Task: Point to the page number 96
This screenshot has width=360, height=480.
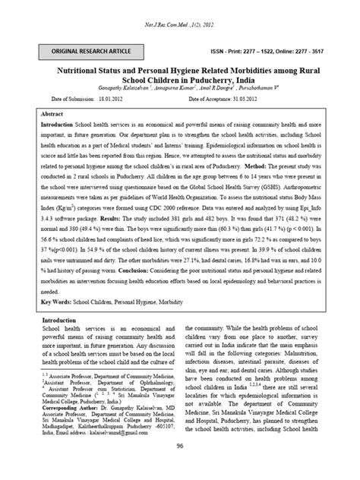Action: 180,469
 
